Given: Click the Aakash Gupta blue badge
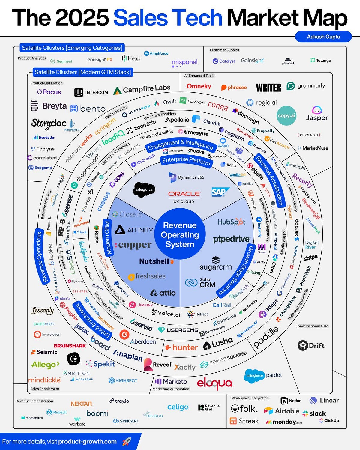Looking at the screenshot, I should [323, 37].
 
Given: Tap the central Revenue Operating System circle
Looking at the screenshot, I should [180, 234].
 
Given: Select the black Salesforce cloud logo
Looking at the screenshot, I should [144, 189].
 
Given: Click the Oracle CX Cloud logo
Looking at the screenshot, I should [184, 197].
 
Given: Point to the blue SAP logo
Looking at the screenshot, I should [220, 192].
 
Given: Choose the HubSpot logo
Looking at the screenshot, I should [231, 222].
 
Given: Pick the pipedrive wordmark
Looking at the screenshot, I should [231, 239].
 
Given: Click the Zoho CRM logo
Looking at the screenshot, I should [200, 283].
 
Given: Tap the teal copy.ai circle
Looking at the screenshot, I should [286, 115].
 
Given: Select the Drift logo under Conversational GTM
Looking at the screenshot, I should [311, 345].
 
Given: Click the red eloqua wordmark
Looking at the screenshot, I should [215, 383].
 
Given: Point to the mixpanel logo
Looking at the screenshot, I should [184, 62].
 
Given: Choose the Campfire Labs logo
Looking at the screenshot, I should [142, 89].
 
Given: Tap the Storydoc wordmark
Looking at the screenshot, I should [49, 123].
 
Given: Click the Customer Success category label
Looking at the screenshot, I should [224, 50].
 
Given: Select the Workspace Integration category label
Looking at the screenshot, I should [250, 398].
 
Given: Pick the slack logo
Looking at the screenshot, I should [314, 413].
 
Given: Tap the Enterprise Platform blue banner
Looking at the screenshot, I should [186, 161].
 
